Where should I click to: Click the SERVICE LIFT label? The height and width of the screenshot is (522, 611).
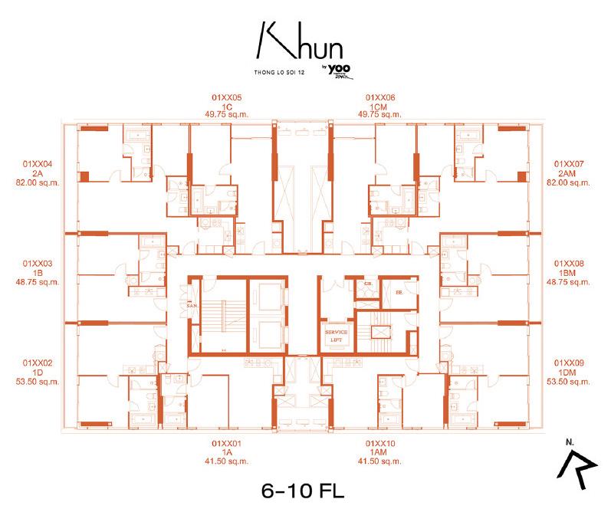point(336,334)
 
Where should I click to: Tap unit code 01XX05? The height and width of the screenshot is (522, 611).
point(226,98)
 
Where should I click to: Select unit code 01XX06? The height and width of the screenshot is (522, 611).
point(379,98)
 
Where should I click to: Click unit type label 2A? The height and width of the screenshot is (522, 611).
point(37,173)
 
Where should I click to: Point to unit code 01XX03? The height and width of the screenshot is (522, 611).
point(37,263)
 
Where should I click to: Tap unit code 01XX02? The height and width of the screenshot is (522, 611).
point(37,362)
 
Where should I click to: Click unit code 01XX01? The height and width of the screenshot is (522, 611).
point(226,443)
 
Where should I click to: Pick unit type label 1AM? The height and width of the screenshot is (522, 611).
point(379,452)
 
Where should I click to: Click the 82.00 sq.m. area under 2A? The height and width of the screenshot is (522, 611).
point(37,182)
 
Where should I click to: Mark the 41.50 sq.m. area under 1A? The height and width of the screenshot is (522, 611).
point(226,461)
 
